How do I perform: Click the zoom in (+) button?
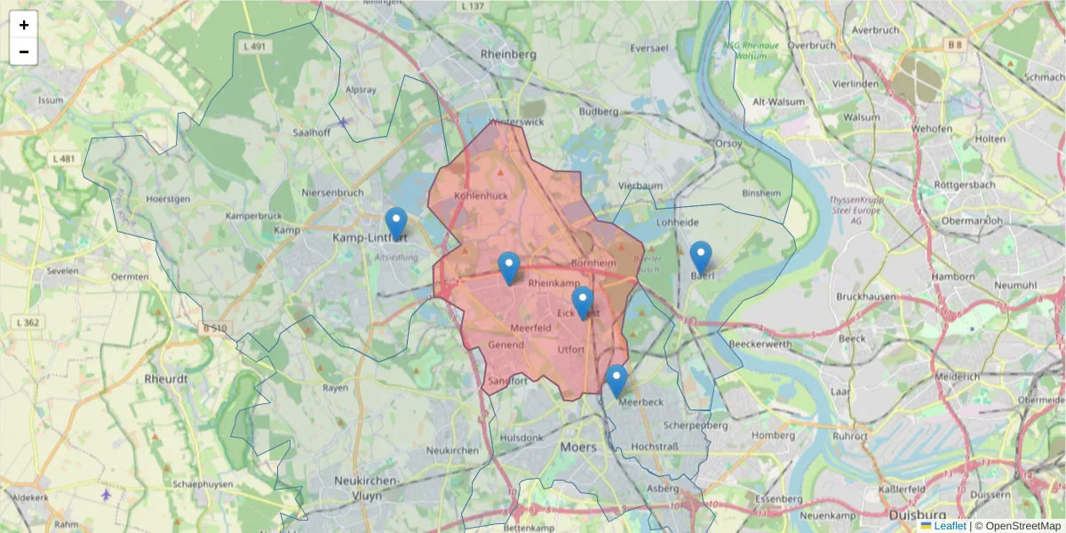(24, 25)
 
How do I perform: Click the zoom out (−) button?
(24, 52)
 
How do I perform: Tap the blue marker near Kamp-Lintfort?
(396, 223)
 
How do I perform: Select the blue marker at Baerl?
(701, 257)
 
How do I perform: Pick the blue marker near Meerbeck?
(617, 380)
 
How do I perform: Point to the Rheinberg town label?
(508, 54)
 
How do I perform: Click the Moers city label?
(578, 447)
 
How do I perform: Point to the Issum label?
(51, 100)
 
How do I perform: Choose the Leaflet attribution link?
(950, 526)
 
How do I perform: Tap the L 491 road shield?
(253, 46)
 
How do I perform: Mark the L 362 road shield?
(28, 322)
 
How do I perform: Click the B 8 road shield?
(954, 44)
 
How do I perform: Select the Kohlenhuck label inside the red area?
(480, 195)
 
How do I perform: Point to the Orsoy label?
(728, 142)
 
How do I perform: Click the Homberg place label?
(773, 435)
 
